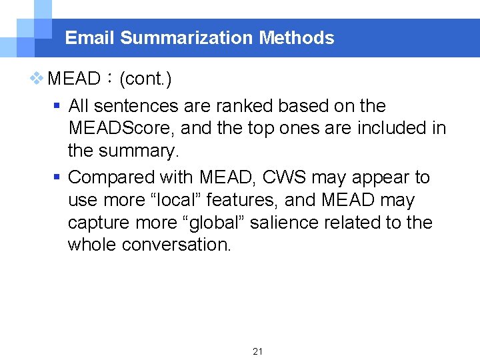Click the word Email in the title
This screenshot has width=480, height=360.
[90, 38]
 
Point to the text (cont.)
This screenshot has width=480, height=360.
[145, 79]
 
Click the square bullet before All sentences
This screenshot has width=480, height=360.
[57, 106]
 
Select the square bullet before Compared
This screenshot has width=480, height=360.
[57, 178]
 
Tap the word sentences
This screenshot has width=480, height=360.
[141, 105]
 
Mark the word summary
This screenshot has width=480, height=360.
[139, 151]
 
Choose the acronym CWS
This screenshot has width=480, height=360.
[285, 177]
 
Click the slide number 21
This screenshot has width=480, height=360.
[258, 351]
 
